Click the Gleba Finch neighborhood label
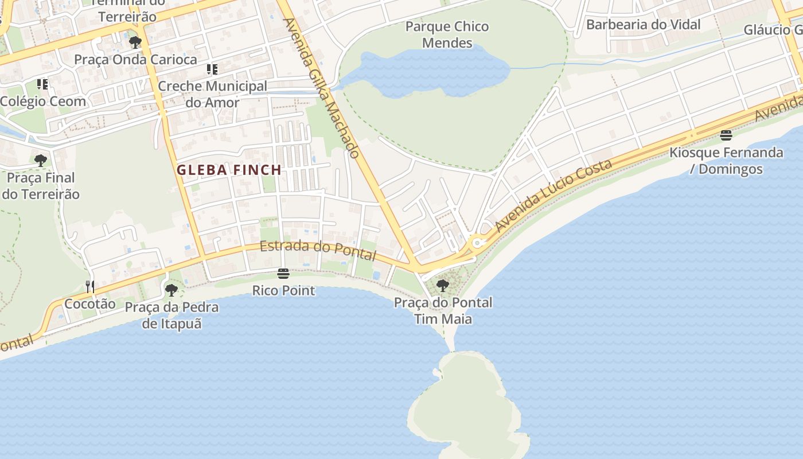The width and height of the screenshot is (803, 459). pos(229,170)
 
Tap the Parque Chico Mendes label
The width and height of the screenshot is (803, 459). pos(447,34)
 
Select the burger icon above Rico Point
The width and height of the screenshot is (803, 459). pos(283,274)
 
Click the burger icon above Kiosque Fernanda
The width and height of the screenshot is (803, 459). pos(726,135)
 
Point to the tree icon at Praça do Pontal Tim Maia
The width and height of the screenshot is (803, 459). pos(442,285)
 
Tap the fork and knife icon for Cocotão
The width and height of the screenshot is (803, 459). pos(89,286)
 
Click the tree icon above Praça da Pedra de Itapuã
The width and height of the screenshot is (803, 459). pos(171,290)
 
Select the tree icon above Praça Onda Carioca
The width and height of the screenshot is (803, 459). pos(135,42)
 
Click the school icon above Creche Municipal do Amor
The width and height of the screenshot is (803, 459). pos(212,69)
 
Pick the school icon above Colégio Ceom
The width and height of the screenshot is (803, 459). pos(42,84)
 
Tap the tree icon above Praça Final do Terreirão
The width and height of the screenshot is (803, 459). pos(40,160)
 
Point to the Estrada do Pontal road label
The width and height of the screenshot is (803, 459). pos(318,250)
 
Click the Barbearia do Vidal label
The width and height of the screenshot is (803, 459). pos(643,25)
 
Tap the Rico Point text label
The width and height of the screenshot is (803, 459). pos(283,290)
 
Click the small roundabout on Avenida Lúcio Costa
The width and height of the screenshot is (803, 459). pos(477,243)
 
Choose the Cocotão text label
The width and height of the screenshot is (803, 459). pos(89,304)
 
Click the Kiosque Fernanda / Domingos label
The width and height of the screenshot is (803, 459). pos(726,161)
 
